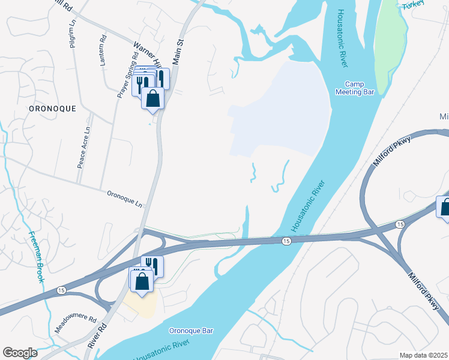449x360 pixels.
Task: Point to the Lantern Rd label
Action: [x=103, y=51]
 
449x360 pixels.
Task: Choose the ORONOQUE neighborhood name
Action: [x=52, y=109]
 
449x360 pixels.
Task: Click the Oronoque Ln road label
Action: [x=125, y=199]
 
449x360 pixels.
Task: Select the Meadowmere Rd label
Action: [x=75, y=322]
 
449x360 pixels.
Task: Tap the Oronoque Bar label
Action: [x=191, y=331]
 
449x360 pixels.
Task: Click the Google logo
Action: [x=20, y=353]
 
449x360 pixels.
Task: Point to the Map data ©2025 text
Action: [x=424, y=355]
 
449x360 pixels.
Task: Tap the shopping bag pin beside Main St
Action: [x=153, y=98]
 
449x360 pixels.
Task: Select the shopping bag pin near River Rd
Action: [x=142, y=281]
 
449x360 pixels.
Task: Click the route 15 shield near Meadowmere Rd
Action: [x=61, y=290]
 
